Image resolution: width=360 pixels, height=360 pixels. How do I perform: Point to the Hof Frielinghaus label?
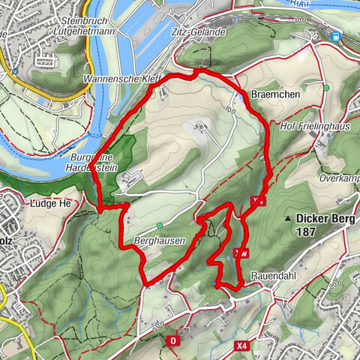click(x=316, y=126)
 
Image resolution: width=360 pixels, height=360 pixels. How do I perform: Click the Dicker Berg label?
click(x=326, y=219)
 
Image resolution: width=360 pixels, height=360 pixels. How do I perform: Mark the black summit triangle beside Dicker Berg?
click(x=287, y=219)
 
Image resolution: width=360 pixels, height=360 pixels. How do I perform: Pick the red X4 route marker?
click(x=241, y=346)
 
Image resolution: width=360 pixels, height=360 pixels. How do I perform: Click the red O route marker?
click(x=173, y=340)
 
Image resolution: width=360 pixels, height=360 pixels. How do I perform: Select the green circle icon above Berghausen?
click(x=160, y=225)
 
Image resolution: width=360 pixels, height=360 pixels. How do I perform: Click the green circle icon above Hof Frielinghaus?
click(x=326, y=88)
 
